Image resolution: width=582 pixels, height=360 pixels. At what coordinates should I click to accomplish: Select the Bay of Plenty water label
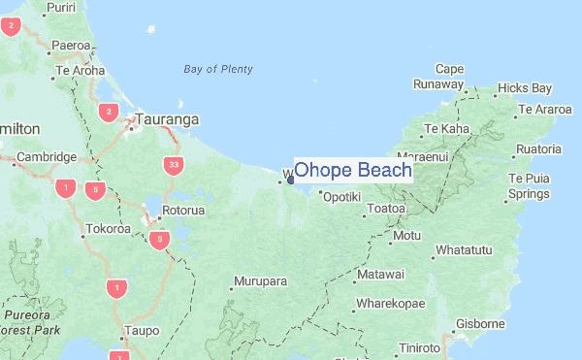tap(218, 69)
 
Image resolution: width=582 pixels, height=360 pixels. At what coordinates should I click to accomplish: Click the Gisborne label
tap(481, 323)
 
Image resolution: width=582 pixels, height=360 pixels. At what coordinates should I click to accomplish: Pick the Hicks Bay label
tap(524, 88)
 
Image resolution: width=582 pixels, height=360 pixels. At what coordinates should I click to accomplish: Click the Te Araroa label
tap(545, 109)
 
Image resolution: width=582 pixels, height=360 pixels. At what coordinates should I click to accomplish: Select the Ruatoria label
tap(538, 148)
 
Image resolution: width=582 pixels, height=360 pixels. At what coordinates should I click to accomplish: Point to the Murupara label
tap(262, 281)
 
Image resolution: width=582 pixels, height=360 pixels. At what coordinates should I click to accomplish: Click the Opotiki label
tap(341, 197)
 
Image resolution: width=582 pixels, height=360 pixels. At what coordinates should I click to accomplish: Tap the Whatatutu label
tap(465, 250)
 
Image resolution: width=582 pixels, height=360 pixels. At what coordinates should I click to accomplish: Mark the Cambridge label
tap(47, 157)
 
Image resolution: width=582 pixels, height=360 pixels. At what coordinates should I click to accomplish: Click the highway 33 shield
tap(173, 165)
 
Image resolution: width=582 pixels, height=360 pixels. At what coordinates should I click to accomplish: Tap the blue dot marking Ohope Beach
tap(291, 179)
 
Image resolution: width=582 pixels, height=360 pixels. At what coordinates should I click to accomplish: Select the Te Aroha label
tap(81, 71)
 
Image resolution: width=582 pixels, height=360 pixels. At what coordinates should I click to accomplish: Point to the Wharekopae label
tap(390, 304)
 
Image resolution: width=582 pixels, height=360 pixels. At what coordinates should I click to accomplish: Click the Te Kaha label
tap(446, 128)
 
